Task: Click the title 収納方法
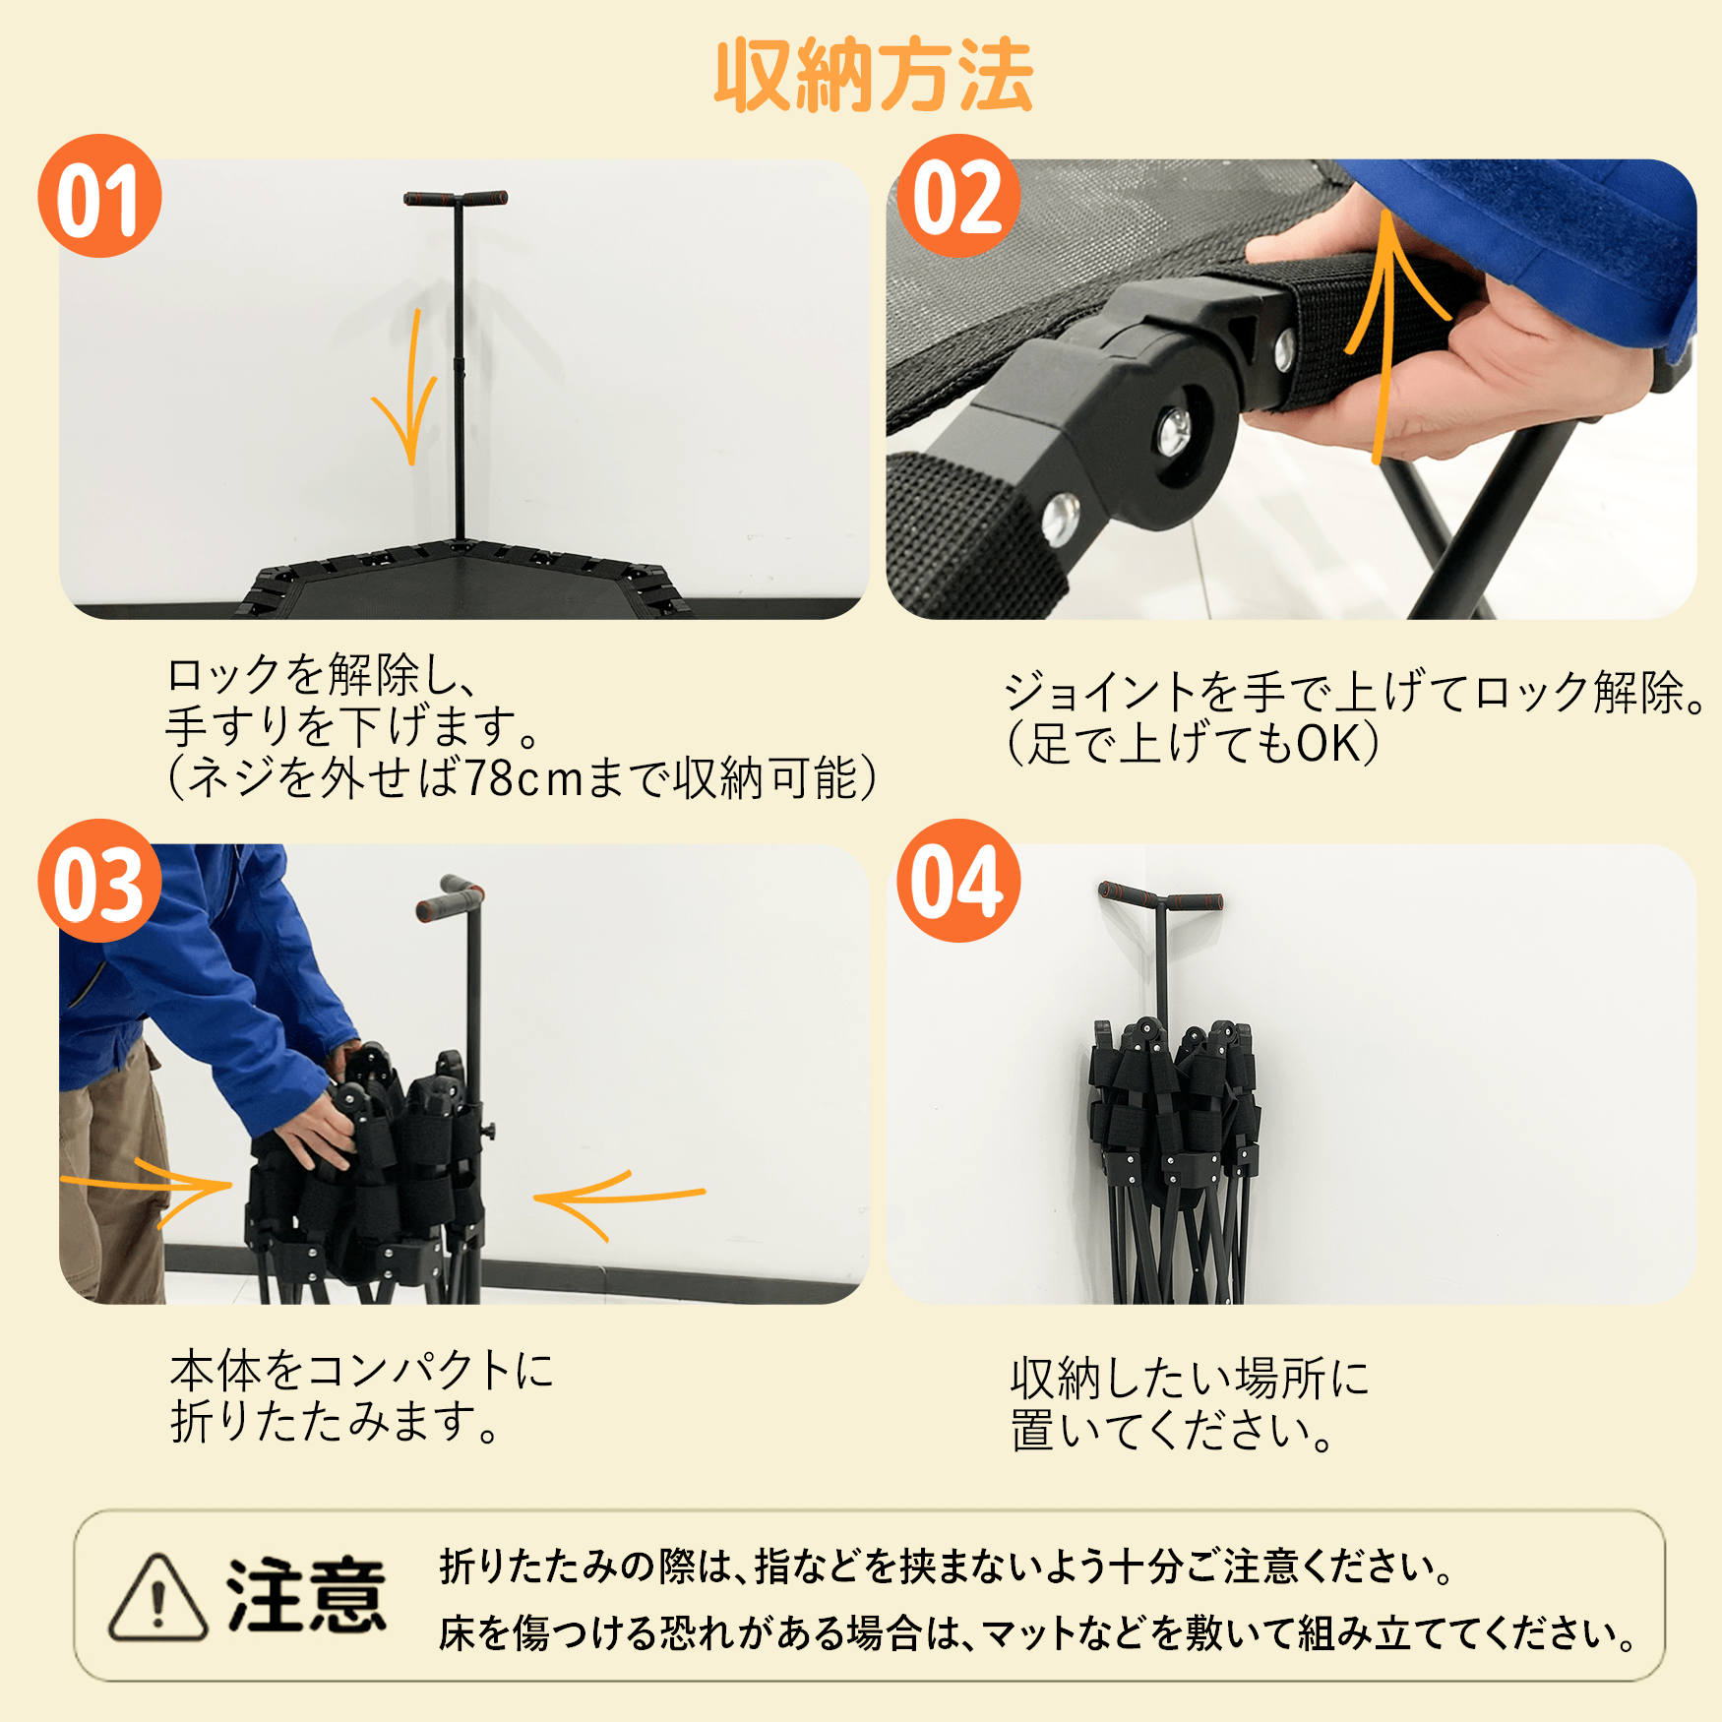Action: point(874,76)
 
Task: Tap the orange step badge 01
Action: point(99,196)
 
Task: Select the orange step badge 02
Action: point(958,196)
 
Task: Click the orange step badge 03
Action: point(99,881)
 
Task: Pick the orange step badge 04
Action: point(958,881)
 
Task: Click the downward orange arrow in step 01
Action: point(411,389)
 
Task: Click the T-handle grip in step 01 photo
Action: point(456,199)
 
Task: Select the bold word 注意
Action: point(306,1596)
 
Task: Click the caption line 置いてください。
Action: point(1172,1431)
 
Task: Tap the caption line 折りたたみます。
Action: point(335,1422)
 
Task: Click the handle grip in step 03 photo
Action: point(450,898)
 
